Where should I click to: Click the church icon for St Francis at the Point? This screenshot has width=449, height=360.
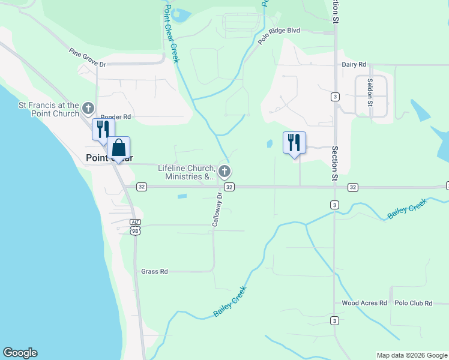tap(88, 109)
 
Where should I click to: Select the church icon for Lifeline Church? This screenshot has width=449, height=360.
tap(224, 172)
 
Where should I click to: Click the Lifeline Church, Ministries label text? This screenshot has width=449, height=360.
tap(187, 172)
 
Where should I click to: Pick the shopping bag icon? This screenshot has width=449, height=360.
tap(118, 148)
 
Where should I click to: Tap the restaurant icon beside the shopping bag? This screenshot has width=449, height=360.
tap(103, 129)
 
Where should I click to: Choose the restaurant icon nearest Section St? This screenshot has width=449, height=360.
tap(294, 143)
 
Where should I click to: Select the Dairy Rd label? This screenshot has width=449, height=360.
tap(354, 65)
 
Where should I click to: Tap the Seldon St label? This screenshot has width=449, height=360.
tap(370, 96)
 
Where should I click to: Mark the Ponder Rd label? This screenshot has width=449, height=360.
tap(116, 117)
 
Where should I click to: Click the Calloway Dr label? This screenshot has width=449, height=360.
tap(218, 209)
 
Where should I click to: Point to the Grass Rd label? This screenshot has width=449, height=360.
tap(154, 272)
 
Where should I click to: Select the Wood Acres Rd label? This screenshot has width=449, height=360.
tap(364, 303)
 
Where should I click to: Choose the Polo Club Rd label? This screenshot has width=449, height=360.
tap(414, 303)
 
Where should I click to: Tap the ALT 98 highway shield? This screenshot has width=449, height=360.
tap(136, 227)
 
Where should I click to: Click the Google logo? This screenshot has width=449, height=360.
tap(20, 353)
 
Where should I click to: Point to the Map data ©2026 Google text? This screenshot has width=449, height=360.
tap(411, 355)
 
